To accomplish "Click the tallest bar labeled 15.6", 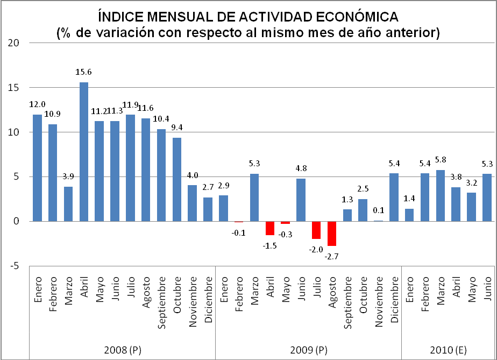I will coord(84,151).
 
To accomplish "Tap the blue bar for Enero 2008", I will coord(37,167).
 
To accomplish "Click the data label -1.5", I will coord(271,245).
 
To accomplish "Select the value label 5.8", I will coord(441,159).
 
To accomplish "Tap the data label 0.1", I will coord(379,210).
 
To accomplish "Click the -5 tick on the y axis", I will coord(14,265).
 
